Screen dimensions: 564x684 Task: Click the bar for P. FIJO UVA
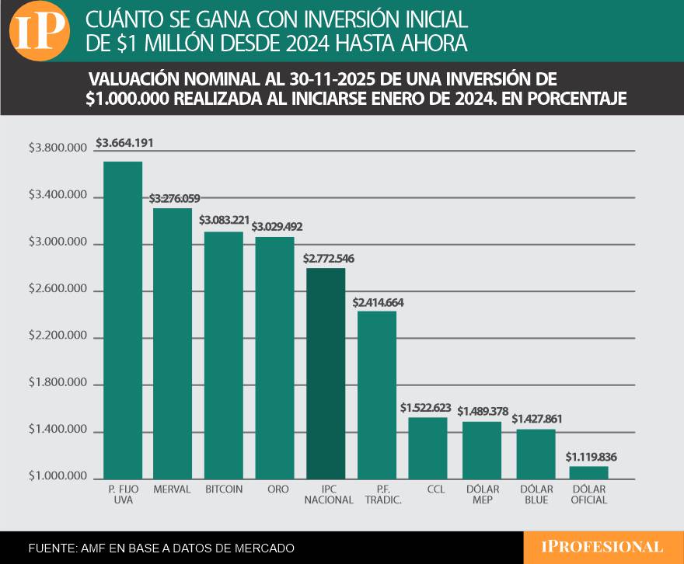[123, 319]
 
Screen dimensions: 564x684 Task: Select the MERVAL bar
[173, 343]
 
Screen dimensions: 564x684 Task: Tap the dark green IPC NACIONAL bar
[326, 373]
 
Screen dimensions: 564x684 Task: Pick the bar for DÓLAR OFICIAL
[588, 472]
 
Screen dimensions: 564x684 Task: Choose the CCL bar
[427, 447]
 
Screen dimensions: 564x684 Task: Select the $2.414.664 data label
[379, 302]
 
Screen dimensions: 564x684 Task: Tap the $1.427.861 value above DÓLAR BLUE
[537, 419]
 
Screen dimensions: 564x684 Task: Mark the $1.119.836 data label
[591, 456]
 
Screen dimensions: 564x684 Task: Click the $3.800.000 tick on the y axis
[59, 150]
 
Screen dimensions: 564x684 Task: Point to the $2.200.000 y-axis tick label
[59, 338]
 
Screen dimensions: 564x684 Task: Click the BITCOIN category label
[224, 489]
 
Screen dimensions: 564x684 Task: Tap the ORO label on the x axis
[274, 489]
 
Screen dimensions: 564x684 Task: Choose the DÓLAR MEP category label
[483, 495]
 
